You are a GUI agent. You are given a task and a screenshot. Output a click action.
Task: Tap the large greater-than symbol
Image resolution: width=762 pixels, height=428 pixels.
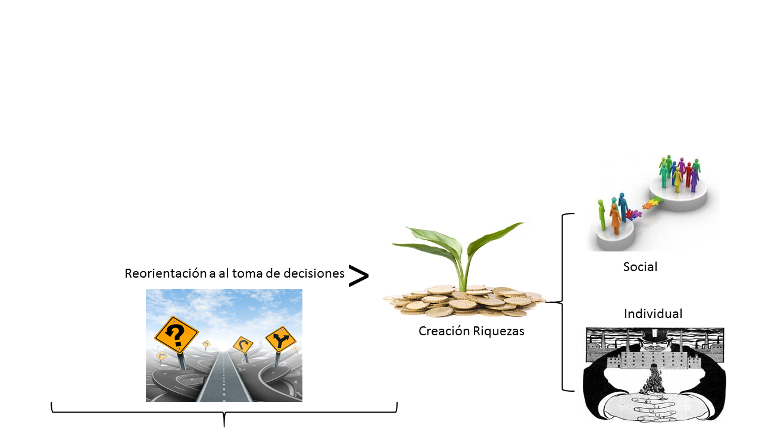358,276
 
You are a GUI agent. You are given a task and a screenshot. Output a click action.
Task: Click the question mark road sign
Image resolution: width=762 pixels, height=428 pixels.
176,335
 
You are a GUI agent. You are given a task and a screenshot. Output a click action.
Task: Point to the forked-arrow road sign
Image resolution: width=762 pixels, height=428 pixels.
280,341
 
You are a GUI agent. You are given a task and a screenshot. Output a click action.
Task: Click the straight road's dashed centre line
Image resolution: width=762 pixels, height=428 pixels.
223,380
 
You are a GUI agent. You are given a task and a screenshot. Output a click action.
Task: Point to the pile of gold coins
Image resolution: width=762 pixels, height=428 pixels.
464,300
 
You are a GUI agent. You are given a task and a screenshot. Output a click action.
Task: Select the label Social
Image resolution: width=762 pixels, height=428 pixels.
640,267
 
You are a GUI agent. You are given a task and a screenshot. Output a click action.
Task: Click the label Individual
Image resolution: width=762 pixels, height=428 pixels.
653,313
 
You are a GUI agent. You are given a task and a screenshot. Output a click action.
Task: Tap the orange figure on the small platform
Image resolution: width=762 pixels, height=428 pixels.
615,217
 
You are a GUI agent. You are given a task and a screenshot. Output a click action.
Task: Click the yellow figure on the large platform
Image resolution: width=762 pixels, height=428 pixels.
677,178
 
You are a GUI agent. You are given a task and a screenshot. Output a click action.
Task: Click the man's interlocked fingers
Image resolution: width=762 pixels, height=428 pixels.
654,407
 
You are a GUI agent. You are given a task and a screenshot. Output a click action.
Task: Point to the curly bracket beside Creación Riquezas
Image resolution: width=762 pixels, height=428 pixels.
563,302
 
